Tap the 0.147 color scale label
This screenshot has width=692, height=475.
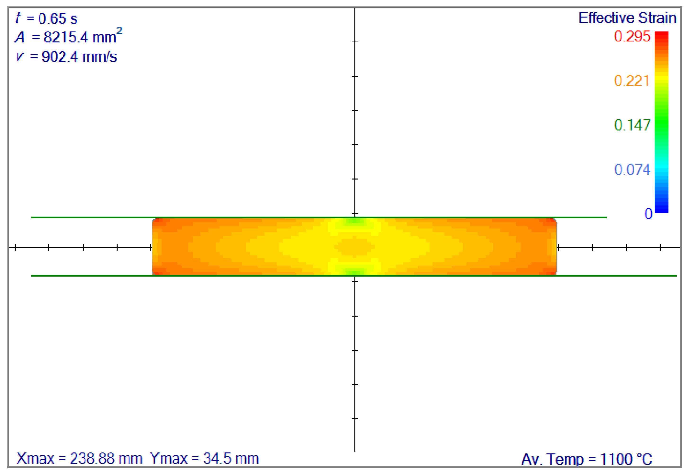point(632,125)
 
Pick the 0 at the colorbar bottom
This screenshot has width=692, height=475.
point(648,214)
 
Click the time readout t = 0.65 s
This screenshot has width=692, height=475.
point(46,18)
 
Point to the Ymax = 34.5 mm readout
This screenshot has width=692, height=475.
point(204,458)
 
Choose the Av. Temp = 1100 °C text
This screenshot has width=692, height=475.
point(587,459)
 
